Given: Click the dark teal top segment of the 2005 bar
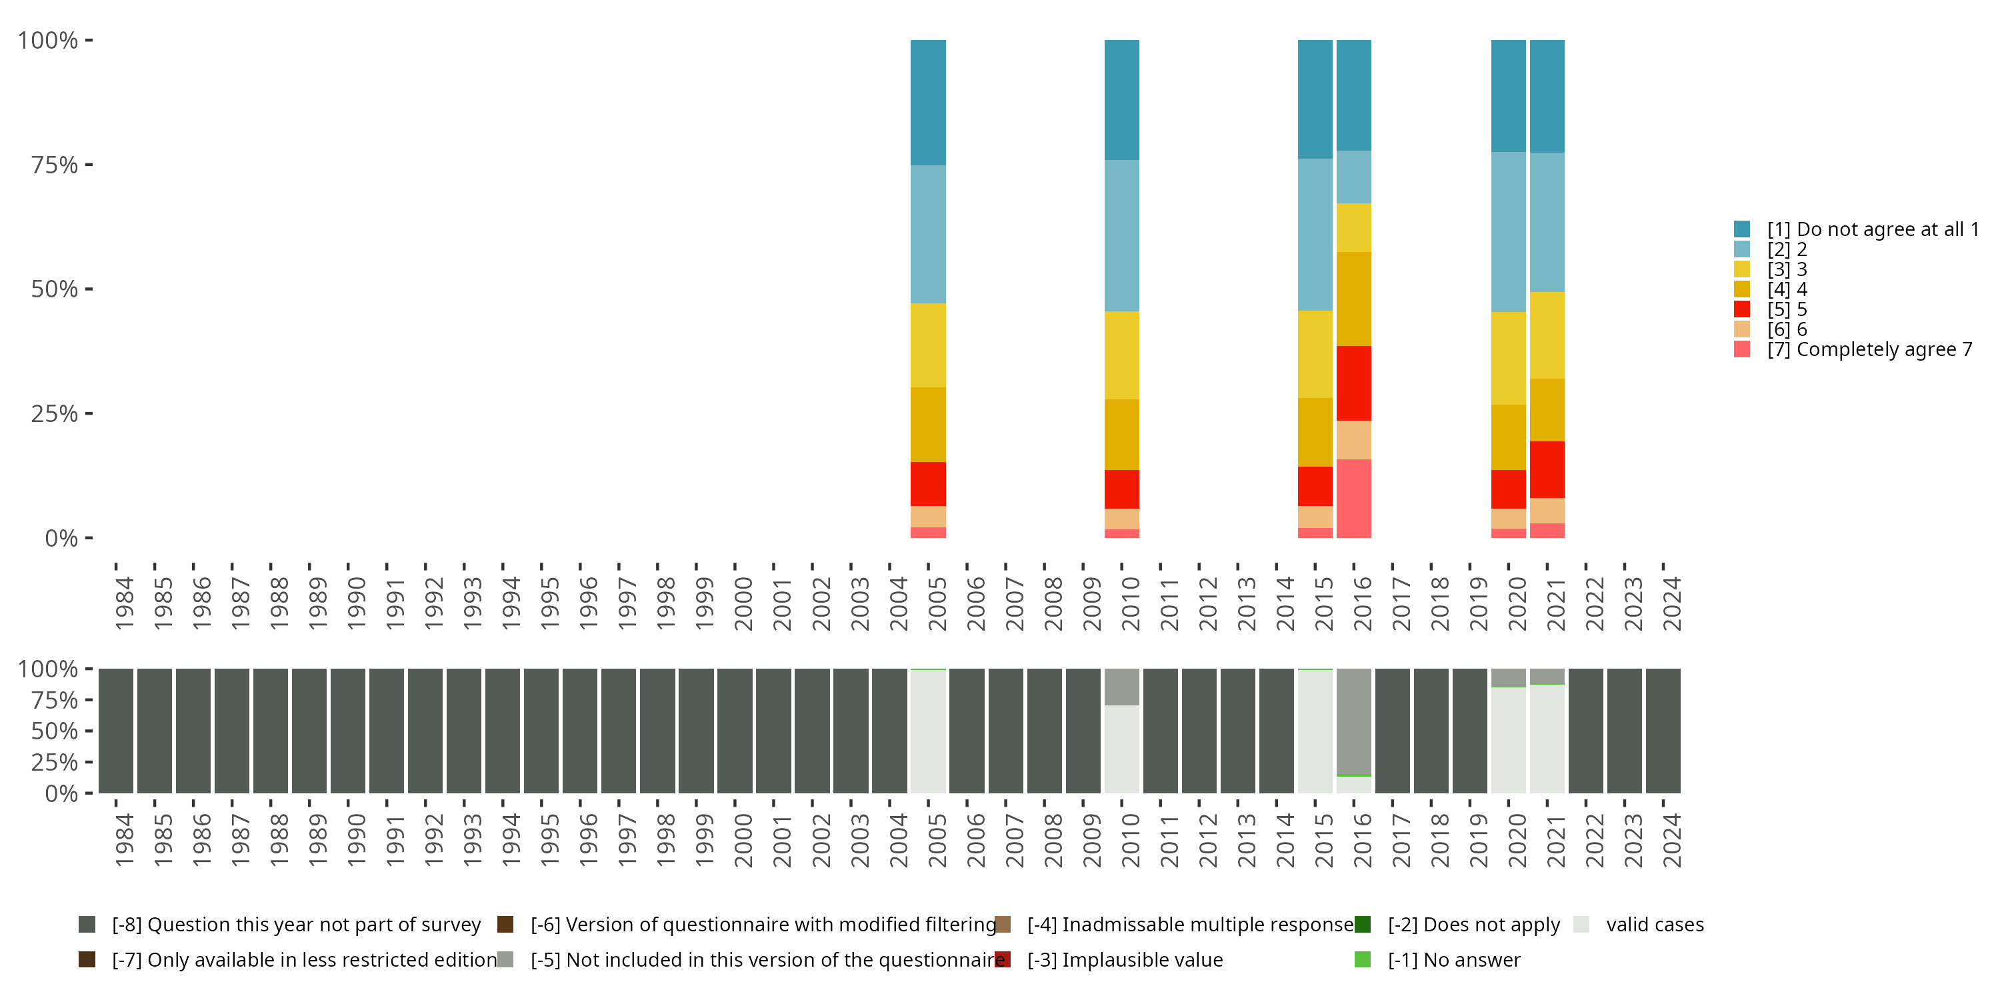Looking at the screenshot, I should click(x=928, y=103).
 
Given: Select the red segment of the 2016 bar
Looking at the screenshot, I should click(x=1353, y=383).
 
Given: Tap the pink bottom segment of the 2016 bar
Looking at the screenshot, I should click(x=1353, y=498).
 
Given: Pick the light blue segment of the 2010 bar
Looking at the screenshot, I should click(x=1121, y=235).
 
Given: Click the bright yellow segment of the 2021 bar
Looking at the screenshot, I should click(x=1547, y=335).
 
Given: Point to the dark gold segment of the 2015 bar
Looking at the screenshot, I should click(x=1315, y=432).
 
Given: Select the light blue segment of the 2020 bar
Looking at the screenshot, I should click(x=1508, y=231).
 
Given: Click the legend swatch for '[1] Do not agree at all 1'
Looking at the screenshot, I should click(x=1741, y=229).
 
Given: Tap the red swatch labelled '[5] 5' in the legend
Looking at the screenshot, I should click(x=1741, y=309).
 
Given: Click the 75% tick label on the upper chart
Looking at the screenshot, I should click(x=55, y=165).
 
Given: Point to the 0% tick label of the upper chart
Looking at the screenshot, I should click(x=61, y=538).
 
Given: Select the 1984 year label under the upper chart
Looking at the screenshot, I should click(x=124, y=603).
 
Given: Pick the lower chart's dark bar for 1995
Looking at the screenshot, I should click(x=541, y=731).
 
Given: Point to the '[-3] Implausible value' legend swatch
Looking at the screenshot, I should click(x=1002, y=959).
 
